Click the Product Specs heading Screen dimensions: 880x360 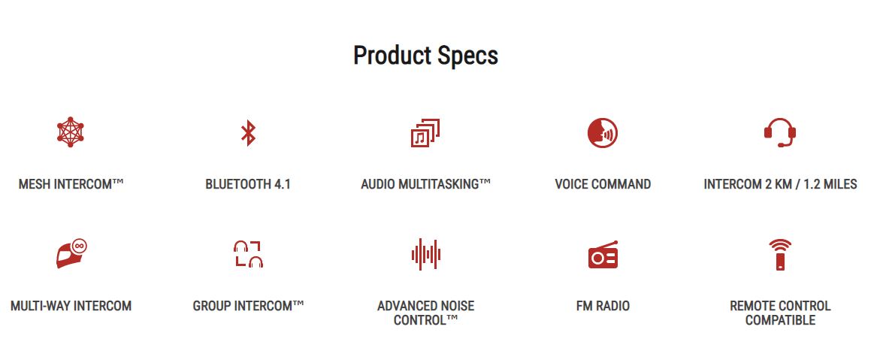[x=425, y=56]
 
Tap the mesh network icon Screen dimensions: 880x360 [x=70, y=132]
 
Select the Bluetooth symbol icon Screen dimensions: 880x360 [x=248, y=132]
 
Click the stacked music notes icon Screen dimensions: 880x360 [x=425, y=133]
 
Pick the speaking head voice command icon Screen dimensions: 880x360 [x=602, y=133]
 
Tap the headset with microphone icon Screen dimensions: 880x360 [x=779, y=132]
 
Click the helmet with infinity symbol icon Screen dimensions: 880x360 [x=72, y=254]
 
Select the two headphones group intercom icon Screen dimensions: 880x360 [x=248, y=254]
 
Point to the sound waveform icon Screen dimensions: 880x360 [x=425, y=255]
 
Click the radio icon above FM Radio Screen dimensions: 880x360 [x=603, y=255]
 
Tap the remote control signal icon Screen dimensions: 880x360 [x=780, y=255]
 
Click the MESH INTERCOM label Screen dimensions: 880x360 [x=71, y=184]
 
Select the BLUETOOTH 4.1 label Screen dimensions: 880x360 [x=248, y=184]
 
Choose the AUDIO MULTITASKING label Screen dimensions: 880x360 [x=426, y=184]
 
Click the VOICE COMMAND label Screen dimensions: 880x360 [x=603, y=184]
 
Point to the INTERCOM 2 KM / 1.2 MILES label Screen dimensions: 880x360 [x=780, y=184]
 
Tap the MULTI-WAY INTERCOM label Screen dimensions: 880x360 [x=71, y=306]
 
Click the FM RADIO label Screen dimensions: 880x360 [x=603, y=306]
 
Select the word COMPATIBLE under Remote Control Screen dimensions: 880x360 [x=780, y=321]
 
